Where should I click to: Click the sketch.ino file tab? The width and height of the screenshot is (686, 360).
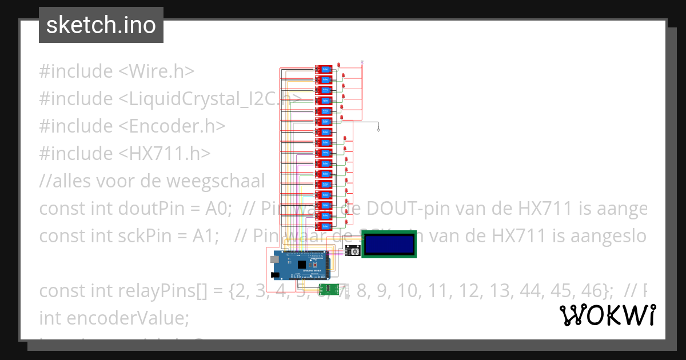101,25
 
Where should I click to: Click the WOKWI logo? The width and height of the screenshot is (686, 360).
607,315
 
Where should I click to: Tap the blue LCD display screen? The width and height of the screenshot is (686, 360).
389,244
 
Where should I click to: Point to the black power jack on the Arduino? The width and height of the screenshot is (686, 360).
275,275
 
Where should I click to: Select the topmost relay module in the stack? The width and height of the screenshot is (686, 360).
324,69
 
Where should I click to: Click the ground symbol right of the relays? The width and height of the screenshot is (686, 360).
378,130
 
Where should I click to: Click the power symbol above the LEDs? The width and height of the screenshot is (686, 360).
362,61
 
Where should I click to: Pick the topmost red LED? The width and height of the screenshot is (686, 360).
339,64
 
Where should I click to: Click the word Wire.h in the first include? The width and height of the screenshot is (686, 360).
162,71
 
